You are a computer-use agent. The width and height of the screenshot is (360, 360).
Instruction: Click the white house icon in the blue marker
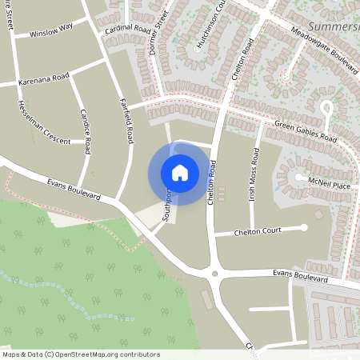point(179,173)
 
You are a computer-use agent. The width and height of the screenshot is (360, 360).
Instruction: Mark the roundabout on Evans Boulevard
point(214,275)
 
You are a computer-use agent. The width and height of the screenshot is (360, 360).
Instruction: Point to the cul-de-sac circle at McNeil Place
point(298,178)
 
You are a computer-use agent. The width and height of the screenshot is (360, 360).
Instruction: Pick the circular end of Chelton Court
point(304,228)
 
